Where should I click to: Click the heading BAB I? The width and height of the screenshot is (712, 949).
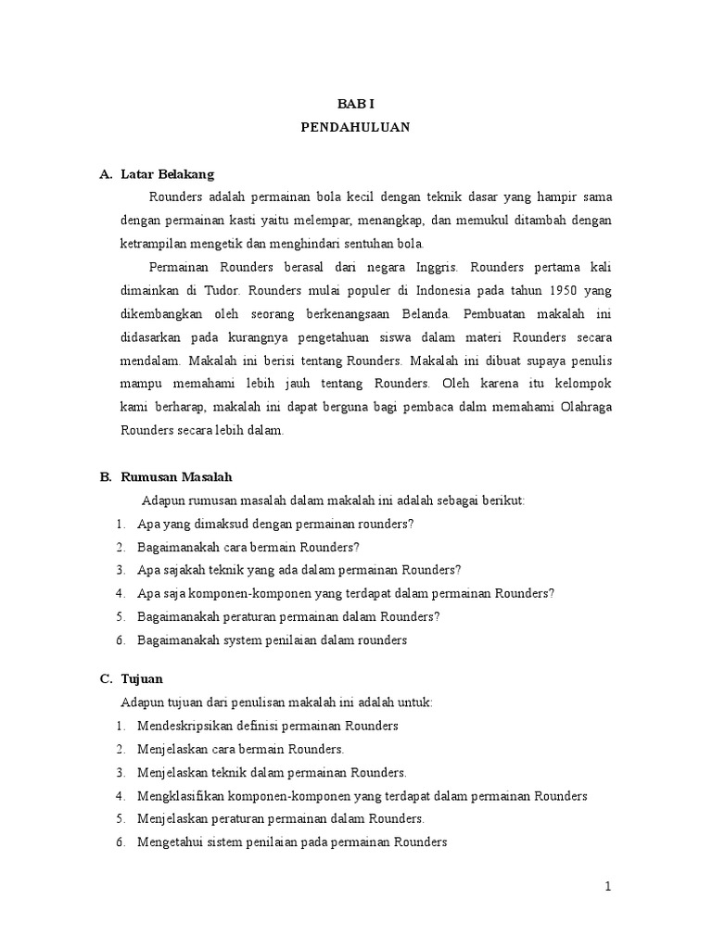click(x=355, y=106)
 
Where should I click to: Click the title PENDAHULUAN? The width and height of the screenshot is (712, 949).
click(x=355, y=129)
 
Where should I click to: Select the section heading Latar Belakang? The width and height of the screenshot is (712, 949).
click(x=168, y=174)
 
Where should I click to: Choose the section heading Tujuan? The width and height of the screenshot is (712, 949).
click(x=142, y=679)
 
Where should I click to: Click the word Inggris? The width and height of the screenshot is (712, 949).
click(x=433, y=267)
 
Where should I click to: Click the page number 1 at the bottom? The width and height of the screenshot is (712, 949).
click(x=608, y=887)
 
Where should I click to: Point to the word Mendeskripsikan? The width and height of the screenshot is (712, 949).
click(x=184, y=726)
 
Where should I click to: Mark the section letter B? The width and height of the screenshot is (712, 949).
click(x=105, y=477)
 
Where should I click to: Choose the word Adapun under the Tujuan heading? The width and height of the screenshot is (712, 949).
click(x=142, y=702)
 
